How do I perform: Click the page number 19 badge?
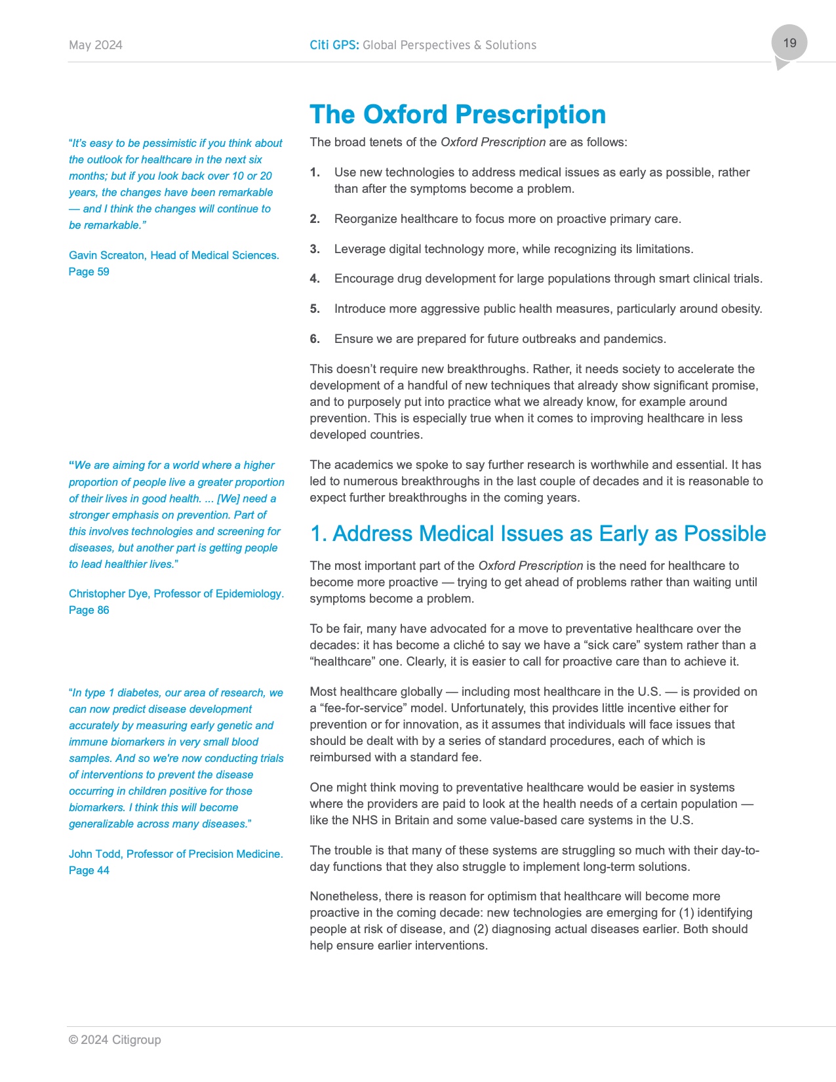tap(789, 43)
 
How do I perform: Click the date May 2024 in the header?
tap(96, 45)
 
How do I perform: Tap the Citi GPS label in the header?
tap(334, 45)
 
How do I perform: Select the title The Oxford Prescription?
tap(458, 115)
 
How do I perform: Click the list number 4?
tap(315, 279)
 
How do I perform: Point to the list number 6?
tap(315, 339)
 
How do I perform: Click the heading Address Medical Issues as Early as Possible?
tap(538, 534)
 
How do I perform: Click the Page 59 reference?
tap(89, 271)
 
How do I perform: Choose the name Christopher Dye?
tap(109, 593)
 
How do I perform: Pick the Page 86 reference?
tap(89, 610)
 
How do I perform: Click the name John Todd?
tap(95, 854)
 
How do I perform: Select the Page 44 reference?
tap(89, 870)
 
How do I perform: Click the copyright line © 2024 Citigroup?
tap(115, 1040)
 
